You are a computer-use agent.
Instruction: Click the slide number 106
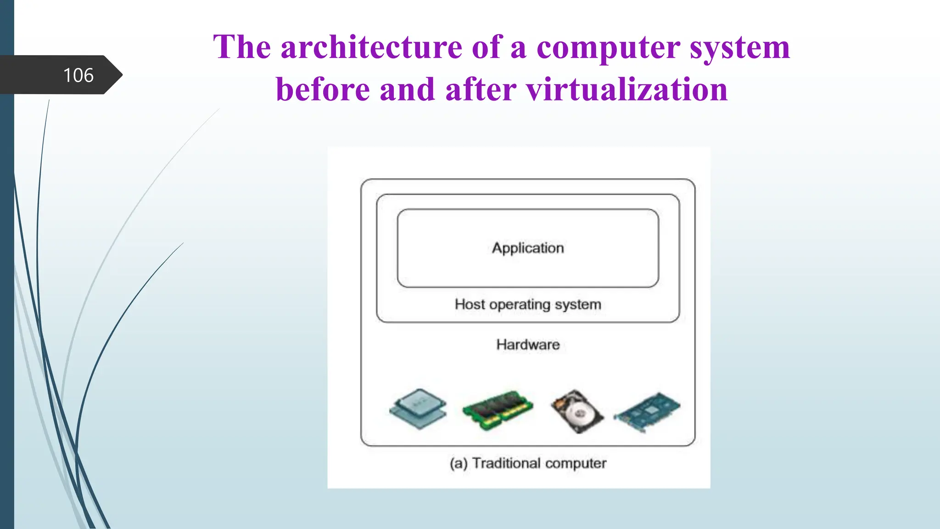[78, 75]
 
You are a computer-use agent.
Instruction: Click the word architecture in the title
[371, 47]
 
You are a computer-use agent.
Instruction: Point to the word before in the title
[323, 90]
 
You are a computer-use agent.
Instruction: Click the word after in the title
[481, 90]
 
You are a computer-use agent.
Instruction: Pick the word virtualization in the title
[627, 90]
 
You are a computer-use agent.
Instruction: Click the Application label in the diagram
[528, 248]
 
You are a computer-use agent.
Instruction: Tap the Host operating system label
[528, 304]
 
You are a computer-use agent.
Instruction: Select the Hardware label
[528, 344]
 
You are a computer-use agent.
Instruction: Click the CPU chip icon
[418, 408]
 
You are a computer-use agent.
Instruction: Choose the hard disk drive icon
[577, 411]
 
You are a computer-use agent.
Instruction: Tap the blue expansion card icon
[647, 412]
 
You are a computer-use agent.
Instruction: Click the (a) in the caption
[459, 463]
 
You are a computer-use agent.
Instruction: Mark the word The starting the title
[242, 47]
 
